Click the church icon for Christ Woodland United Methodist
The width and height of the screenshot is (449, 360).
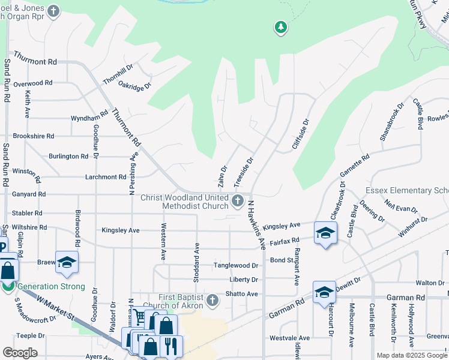tap(238, 199)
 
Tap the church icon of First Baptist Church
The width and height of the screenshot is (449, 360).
tap(211, 299)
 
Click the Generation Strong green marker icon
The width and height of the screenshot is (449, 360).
tap(8, 286)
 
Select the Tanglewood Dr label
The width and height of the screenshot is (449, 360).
tap(238, 265)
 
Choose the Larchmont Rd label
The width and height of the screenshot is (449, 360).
tap(105, 177)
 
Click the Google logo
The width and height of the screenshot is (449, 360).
tap(20, 353)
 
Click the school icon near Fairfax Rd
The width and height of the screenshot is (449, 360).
tap(325, 233)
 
